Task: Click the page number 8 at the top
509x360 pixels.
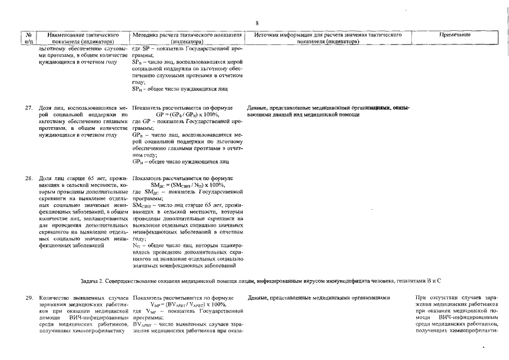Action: (256, 23)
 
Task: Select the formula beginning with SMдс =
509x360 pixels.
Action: (188, 185)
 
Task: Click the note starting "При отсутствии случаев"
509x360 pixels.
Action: (456, 297)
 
